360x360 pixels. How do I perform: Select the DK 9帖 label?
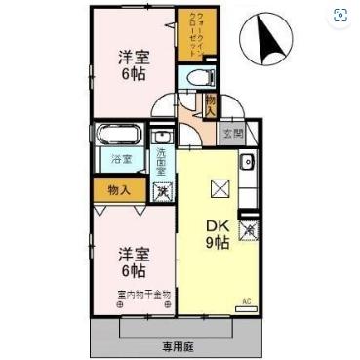tap(217, 234)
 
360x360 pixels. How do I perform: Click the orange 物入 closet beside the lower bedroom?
tap(118, 190)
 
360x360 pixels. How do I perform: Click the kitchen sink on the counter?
tap(248, 162)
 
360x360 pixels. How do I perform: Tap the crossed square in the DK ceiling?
tap(219, 188)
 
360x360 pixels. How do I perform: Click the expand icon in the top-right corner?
tap(340, 15)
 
